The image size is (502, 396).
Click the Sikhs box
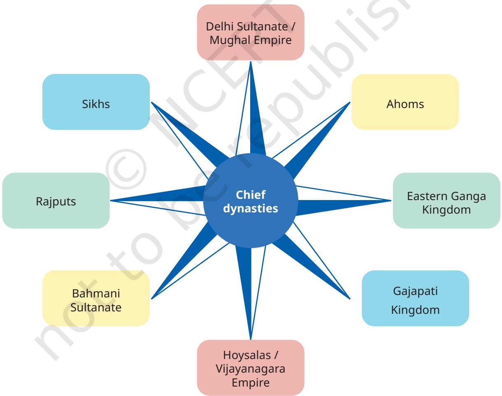pos(96,102)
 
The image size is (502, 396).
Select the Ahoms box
pos(405,102)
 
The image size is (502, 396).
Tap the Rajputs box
pos(56,200)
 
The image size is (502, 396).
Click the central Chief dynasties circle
pos(251,200)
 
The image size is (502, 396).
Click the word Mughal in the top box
pos(230,40)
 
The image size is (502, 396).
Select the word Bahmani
pos(96,293)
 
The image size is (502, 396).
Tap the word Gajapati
pos(415,291)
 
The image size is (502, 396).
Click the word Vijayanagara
pos(251,369)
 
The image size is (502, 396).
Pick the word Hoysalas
pos(247,355)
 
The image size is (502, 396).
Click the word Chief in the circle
pos(251,195)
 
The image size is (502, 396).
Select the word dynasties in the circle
pos(251,209)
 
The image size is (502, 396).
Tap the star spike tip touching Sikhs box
pos(151,102)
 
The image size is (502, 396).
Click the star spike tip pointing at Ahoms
pos(350,102)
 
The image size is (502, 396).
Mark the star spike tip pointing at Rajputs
pos(110,200)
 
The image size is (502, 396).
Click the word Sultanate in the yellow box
pos(96,308)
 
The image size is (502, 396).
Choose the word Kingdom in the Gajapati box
pos(415,310)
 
